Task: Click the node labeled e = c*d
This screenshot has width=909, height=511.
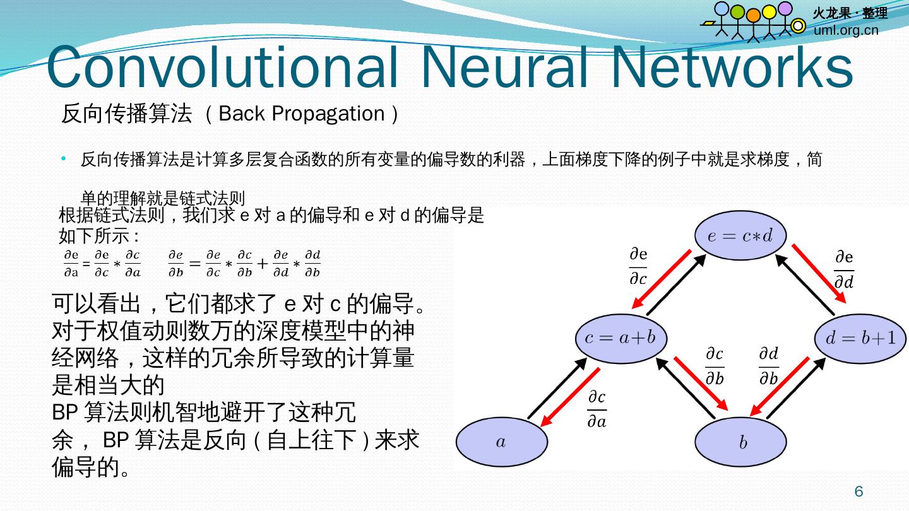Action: click(740, 236)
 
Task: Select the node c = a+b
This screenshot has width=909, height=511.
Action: click(621, 338)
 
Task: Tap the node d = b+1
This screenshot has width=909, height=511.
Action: click(861, 338)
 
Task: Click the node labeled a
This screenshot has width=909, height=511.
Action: click(501, 442)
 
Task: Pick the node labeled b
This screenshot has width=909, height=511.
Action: click(742, 442)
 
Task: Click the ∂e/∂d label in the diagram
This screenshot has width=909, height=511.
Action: click(844, 269)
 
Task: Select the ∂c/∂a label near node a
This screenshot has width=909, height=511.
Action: click(597, 409)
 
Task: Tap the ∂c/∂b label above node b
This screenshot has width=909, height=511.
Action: click(715, 366)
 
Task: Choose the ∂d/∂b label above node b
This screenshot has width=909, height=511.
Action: click(768, 366)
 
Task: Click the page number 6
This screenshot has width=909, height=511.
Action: click(858, 491)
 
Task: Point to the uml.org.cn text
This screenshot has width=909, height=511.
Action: click(846, 30)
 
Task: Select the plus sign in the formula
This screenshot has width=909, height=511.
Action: click(263, 263)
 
